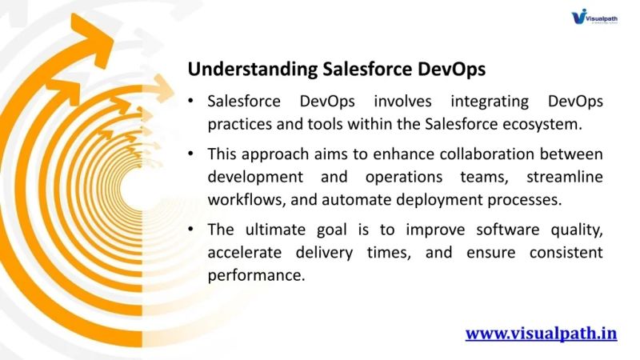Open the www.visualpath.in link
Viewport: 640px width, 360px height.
[x=541, y=333]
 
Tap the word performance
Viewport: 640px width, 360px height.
[x=255, y=274]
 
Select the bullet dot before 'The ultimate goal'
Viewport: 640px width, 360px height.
[x=190, y=230]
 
